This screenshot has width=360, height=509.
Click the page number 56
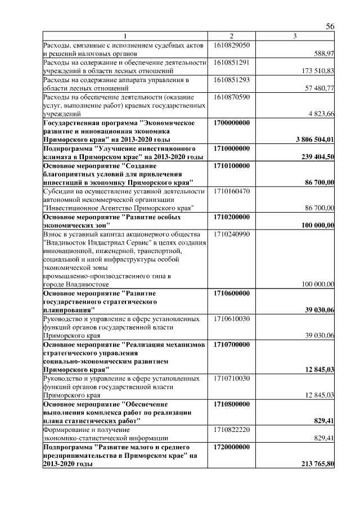tap(330, 27)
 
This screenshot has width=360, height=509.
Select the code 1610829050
tap(232, 44)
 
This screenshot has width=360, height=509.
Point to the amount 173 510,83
tap(318, 71)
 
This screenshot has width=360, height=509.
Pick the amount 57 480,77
tap(319, 88)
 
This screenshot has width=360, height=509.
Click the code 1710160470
tap(232, 192)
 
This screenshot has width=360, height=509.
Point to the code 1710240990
tap(232, 233)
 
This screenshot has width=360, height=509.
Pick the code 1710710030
tap(232, 380)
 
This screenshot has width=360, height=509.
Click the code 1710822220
tap(232, 429)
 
